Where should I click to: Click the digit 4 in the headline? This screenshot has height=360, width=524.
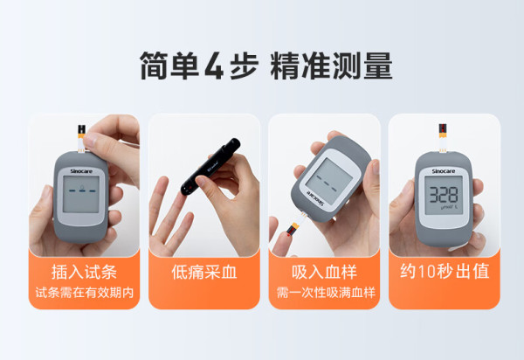point(214,66)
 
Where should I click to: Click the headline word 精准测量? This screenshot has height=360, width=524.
point(331,66)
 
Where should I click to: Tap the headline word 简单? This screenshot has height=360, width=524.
point(169,66)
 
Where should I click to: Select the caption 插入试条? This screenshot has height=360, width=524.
point(84,272)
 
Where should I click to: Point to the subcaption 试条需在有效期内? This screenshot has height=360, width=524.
point(84,293)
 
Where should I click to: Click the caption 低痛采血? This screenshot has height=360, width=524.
point(203,272)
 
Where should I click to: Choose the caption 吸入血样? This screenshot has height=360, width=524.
point(324,272)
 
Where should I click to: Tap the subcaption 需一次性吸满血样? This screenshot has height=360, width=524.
point(326,293)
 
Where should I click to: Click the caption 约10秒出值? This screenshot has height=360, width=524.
point(445,271)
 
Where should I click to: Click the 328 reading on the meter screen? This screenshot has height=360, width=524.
point(444,195)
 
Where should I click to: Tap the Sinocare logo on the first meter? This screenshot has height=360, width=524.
point(81,171)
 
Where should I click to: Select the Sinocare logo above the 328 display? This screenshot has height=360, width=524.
point(444,171)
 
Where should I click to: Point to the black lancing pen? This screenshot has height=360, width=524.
point(210,167)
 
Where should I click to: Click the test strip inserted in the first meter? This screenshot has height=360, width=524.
point(81,139)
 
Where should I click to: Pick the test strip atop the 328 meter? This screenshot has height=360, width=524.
point(443,138)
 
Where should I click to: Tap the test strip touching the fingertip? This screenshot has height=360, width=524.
point(295,225)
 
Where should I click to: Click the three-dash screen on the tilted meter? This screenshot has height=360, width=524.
point(329,182)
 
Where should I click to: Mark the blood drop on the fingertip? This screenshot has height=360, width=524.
point(288,235)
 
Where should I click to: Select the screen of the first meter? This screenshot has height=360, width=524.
point(81,194)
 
